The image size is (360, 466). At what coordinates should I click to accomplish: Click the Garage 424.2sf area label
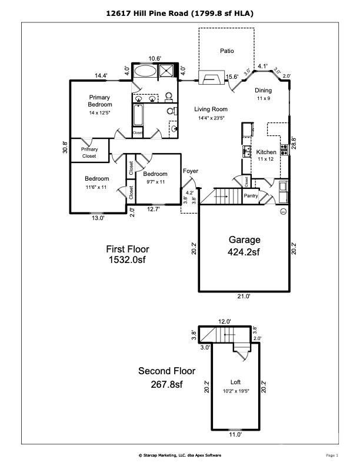(244, 246)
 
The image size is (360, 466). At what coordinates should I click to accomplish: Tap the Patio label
(227, 51)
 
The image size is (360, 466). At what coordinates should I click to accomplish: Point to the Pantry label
(251, 196)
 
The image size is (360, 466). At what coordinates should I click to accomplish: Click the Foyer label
(191, 171)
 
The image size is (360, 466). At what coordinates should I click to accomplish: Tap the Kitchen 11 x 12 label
(266, 155)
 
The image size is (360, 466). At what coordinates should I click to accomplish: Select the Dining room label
(263, 94)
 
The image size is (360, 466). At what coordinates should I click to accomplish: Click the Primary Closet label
(89, 153)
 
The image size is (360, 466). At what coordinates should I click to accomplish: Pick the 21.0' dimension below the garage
(244, 297)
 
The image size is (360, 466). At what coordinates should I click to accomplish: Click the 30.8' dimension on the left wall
(66, 147)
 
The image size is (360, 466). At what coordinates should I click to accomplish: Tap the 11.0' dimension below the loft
(235, 435)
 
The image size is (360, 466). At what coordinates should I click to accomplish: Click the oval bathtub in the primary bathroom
(144, 72)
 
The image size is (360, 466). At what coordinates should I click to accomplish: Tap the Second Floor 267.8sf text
(166, 377)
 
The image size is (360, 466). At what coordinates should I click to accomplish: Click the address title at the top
(180, 12)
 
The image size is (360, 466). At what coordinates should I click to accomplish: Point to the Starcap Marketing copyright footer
(179, 455)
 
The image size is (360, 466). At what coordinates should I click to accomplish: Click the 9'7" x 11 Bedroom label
(155, 178)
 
